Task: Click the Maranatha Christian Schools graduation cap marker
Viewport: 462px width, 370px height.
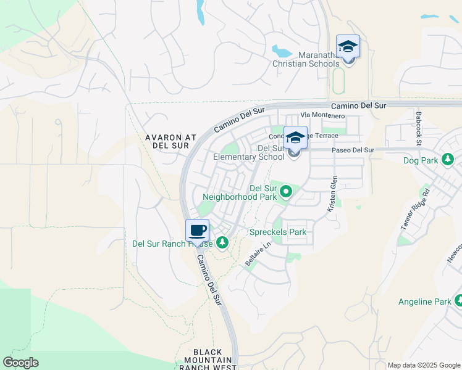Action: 348,46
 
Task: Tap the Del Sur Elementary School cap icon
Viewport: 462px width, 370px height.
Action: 295,138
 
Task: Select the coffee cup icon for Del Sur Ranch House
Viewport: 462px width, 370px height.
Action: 198,231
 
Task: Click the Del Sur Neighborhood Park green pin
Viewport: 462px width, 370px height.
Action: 286,192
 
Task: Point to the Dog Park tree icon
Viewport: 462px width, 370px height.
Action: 448,160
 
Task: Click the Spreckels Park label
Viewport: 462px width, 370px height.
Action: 277,232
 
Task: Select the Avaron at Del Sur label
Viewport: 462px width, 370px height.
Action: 170,142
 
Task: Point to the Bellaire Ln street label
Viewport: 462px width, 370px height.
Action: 258,253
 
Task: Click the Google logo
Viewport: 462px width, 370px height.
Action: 20,363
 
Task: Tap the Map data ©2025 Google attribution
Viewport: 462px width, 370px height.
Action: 423,365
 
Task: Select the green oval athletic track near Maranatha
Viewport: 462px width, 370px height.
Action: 338,80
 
